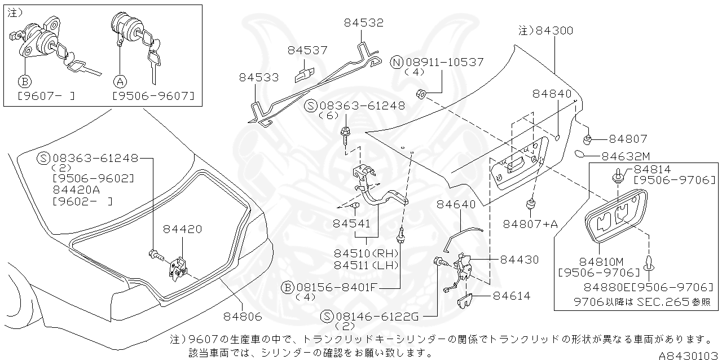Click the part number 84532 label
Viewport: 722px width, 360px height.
(x=363, y=23)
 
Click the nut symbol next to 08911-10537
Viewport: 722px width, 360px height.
(x=421, y=93)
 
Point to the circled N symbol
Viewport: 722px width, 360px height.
(x=398, y=62)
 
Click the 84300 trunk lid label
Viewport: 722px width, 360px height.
(x=554, y=30)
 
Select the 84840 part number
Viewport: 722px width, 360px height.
(x=551, y=94)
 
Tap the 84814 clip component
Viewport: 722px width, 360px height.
(x=618, y=177)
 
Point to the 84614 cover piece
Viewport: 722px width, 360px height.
(x=466, y=302)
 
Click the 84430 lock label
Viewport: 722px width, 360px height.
(x=519, y=260)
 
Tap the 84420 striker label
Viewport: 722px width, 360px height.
(x=182, y=229)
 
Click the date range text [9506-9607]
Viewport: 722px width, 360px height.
(x=153, y=95)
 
